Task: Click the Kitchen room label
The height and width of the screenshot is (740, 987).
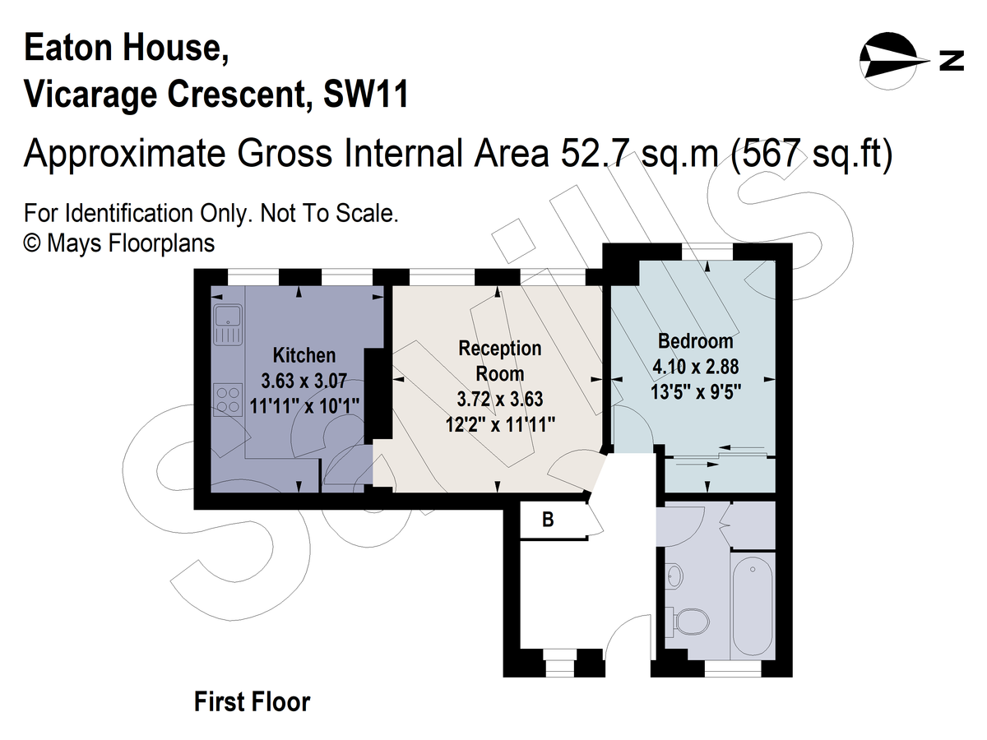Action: click(304, 355)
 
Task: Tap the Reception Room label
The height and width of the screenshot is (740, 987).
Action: click(500, 360)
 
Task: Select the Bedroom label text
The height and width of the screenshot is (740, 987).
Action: click(695, 340)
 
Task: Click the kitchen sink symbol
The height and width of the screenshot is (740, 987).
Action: click(226, 325)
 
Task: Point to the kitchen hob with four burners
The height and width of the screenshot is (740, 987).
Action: click(226, 400)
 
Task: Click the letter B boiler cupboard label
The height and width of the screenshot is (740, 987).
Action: click(546, 520)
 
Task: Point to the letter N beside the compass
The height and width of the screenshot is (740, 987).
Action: click(952, 60)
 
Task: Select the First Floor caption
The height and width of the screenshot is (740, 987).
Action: click(252, 702)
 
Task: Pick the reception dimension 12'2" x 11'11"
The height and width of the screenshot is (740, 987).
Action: click(500, 424)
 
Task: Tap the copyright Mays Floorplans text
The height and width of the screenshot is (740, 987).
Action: click(119, 243)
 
